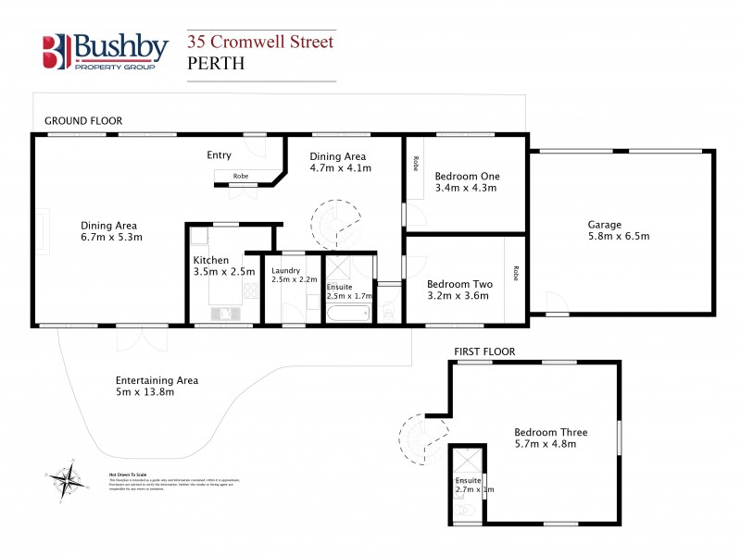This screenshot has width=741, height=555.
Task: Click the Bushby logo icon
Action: [x=57, y=52]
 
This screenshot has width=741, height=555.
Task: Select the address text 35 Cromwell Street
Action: [x=260, y=42]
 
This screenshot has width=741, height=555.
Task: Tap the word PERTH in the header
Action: [x=217, y=64]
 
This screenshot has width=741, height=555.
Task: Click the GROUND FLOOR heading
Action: [x=83, y=121]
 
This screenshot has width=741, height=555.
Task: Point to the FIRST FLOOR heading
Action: [x=484, y=351]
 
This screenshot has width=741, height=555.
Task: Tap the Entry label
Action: [x=219, y=155]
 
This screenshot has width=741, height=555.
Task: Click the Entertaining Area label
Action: [x=157, y=380]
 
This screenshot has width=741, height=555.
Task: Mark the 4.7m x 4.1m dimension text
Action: [x=340, y=168]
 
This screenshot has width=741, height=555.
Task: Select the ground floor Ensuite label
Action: [x=339, y=287]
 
